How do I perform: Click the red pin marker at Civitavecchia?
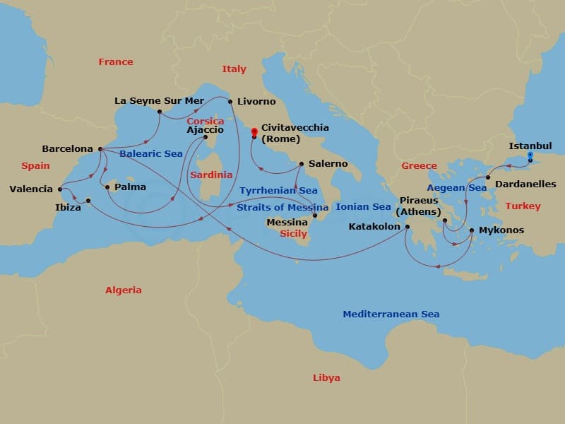(254, 131)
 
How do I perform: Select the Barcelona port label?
(68, 149)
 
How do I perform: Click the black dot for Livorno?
(231, 102)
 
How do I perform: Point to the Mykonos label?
(501, 230)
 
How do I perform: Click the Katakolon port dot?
(407, 227)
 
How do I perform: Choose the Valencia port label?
(31, 189)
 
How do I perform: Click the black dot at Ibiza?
(88, 201)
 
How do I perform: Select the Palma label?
(130, 187)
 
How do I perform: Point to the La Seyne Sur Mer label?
(159, 101)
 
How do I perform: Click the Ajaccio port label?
(206, 130)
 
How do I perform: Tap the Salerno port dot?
(302, 164)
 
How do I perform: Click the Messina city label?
(287, 222)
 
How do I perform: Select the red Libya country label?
(326, 378)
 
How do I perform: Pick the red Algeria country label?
(124, 290)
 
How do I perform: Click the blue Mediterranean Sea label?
(391, 314)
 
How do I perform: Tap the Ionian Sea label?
(363, 207)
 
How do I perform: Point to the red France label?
(116, 62)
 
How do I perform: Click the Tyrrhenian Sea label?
(278, 191)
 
